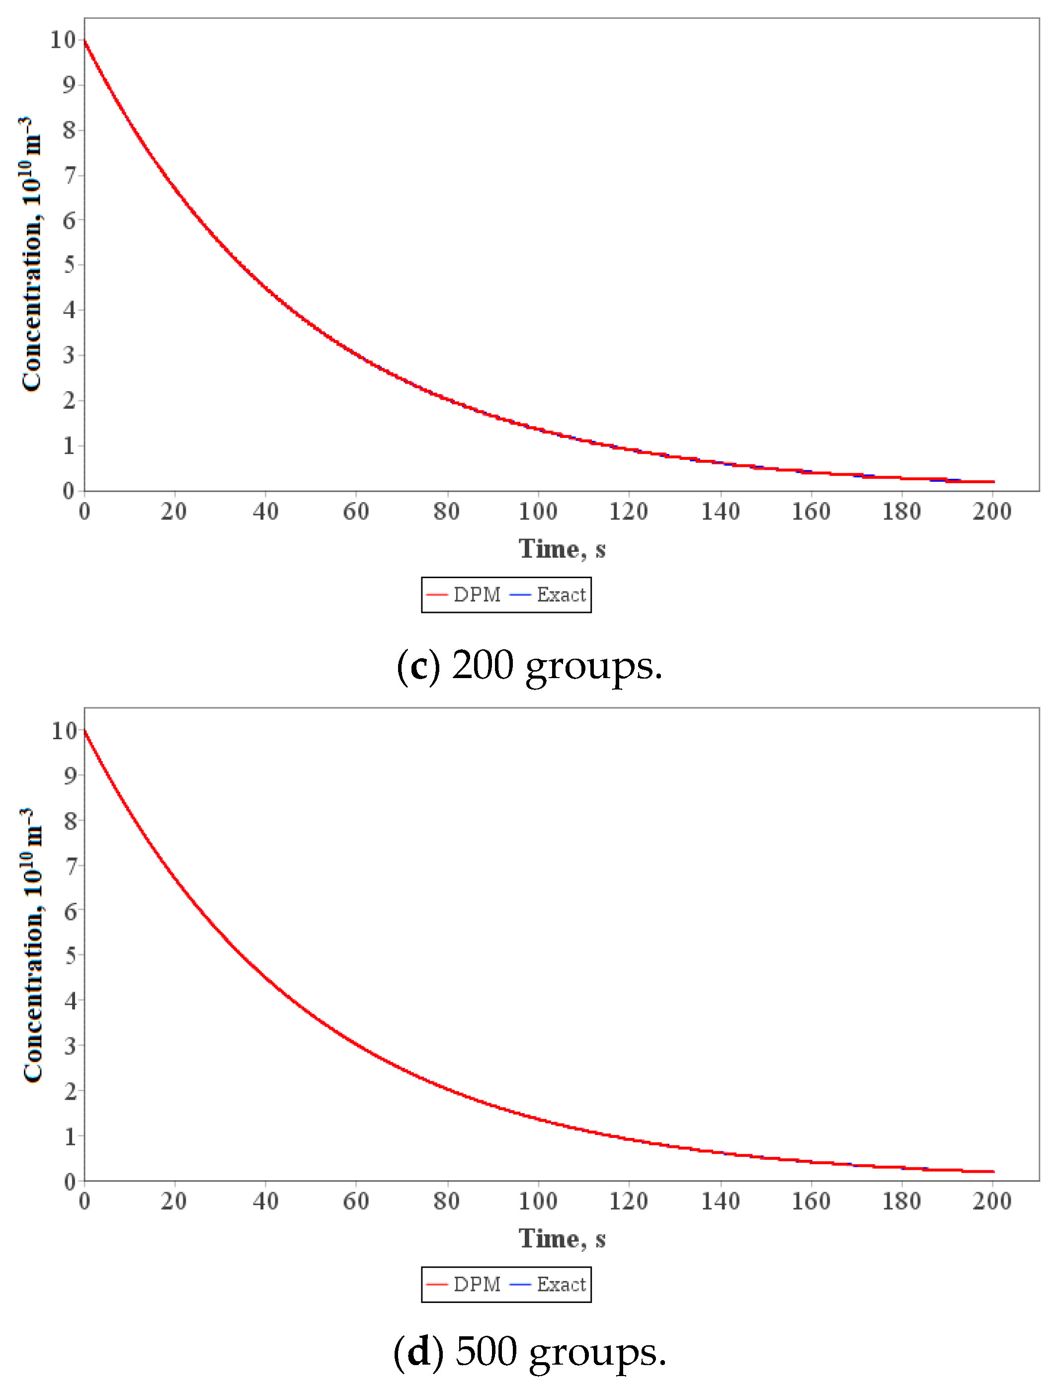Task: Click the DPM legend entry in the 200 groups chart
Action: tap(464, 595)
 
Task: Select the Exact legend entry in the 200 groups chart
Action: tap(548, 595)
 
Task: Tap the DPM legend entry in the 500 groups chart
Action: tap(464, 1284)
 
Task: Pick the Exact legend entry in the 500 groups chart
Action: tap(548, 1284)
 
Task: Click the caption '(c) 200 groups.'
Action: tap(529, 665)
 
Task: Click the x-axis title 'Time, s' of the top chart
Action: tap(562, 549)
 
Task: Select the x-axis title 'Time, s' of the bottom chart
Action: tap(562, 1238)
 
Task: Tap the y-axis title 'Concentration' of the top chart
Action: tap(31, 255)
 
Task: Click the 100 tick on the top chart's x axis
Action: tap(538, 512)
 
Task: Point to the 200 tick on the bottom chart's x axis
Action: tap(992, 1201)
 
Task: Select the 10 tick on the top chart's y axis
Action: tap(64, 40)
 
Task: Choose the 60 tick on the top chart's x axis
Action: tap(356, 512)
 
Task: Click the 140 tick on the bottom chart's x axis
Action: tap(721, 1201)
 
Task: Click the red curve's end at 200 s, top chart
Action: tap(993, 482)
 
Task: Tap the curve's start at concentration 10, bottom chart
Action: tap(85, 731)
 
